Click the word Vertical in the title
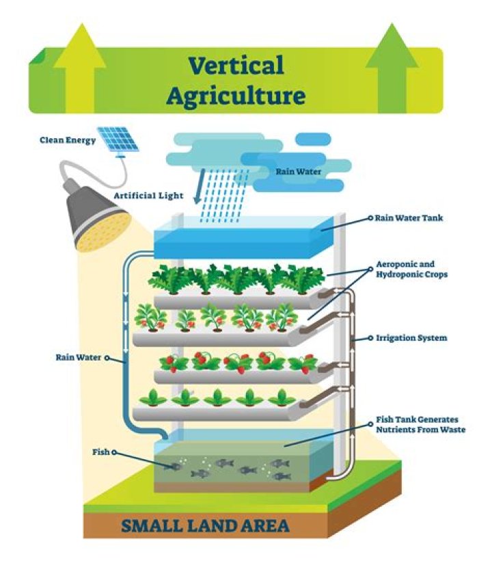tap(236, 66)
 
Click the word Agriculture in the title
tap(236, 95)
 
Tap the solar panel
tap(120, 140)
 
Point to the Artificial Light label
tap(148, 196)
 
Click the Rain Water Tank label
tap(410, 218)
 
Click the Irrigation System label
tap(411, 338)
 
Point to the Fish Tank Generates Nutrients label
tap(420, 424)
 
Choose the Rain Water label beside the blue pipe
tap(79, 356)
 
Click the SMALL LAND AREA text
tap(205, 526)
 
